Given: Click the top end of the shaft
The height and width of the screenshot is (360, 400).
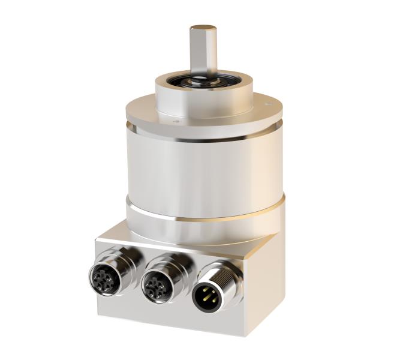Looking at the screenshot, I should click(203, 28).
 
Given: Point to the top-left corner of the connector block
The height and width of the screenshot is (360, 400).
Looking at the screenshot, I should click(97, 239).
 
